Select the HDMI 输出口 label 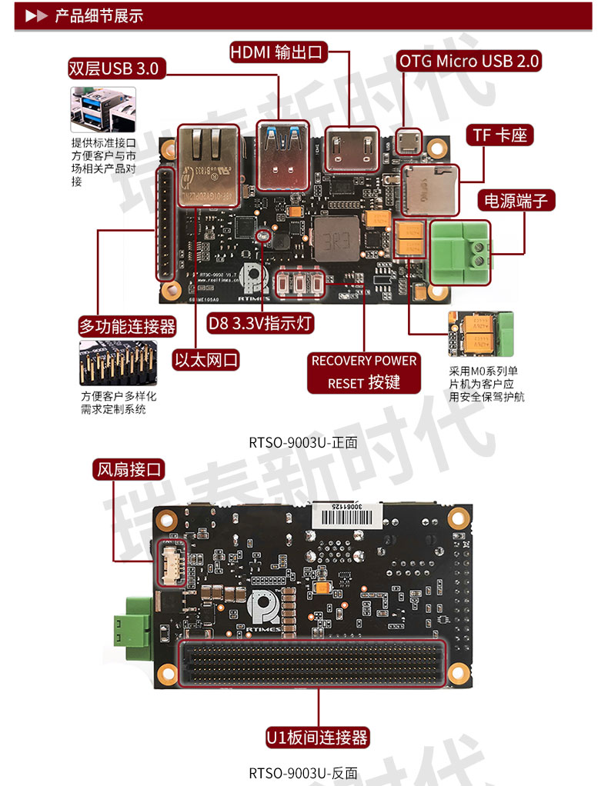pyautogui.click(x=278, y=52)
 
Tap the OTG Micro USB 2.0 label pyautogui.click(x=469, y=61)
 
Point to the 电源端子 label pyautogui.click(x=516, y=201)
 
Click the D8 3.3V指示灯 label pyautogui.click(x=261, y=323)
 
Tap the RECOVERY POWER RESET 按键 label pyautogui.click(x=364, y=371)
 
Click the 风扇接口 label pyautogui.click(x=129, y=469)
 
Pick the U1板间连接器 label pyautogui.click(x=317, y=738)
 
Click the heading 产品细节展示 pyautogui.click(x=99, y=16)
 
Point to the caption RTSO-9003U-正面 pyautogui.click(x=303, y=442)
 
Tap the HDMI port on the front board pyautogui.click(x=351, y=150)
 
